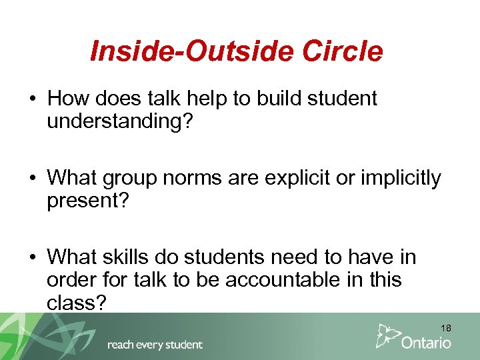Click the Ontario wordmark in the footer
point(426,343)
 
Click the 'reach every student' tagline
point(155,345)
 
